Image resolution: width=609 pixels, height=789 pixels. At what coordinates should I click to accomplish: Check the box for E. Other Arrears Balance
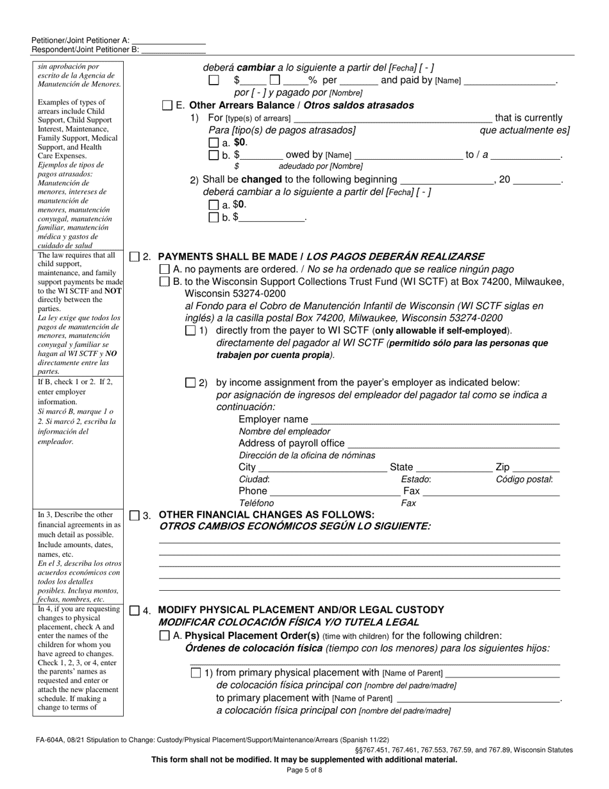[167, 105]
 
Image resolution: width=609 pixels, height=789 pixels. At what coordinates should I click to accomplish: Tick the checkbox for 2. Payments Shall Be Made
[134, 257]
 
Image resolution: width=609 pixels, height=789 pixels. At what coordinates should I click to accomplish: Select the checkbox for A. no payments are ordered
[164, 269]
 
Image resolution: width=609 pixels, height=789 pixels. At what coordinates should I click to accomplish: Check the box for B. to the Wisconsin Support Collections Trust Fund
[164, 282]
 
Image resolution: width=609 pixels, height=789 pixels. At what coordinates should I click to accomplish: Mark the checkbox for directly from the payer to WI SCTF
[190, 330]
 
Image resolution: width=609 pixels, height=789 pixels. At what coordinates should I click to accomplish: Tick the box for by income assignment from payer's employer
[190, 382]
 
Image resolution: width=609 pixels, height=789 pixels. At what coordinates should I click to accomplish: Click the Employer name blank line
[435, 420]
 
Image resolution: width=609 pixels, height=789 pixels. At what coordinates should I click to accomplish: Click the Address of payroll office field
[453, 444]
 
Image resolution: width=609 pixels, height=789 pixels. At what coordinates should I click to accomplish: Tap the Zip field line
[536, 468]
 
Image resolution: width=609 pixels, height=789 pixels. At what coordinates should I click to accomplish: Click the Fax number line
[491, 491]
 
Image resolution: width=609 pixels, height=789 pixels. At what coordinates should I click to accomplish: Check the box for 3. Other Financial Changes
[134, 515]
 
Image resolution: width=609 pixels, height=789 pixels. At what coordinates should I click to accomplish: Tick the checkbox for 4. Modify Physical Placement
[134, 610]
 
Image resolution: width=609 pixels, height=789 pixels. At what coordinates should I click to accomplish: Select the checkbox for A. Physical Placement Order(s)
[164, 636]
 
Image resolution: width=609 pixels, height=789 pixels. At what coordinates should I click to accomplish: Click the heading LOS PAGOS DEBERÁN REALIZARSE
[396, 257]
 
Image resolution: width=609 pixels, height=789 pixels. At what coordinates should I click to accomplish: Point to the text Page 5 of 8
[304, 770]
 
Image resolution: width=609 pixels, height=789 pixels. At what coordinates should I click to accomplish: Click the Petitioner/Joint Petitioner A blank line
[168, 40]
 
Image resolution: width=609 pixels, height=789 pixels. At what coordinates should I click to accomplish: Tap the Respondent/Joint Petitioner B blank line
[172, 49]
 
